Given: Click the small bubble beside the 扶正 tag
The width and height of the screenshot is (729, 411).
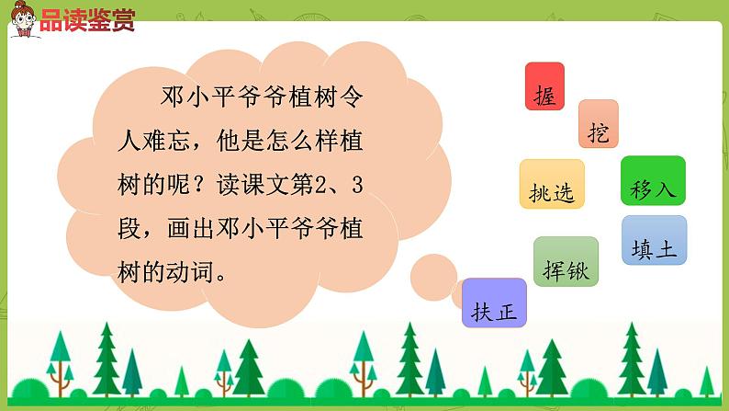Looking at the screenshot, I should (x=429, y=272).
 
